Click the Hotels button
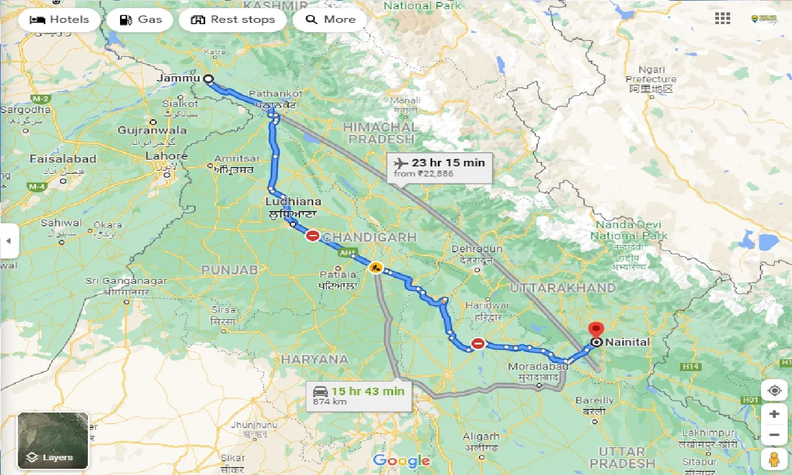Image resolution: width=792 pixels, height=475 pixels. coord(59,20)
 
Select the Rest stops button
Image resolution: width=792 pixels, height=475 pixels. coord(233,20)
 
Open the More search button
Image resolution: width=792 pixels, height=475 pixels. coord(330,20)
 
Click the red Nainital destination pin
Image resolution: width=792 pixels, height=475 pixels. coord(596,330)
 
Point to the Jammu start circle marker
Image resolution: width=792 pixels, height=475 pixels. coord(208,79)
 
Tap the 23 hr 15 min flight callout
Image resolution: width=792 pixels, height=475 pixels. coord(440,168)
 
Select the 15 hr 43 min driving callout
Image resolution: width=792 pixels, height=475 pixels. coord(359,395)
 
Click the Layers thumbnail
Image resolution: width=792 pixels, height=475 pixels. coord(53,441)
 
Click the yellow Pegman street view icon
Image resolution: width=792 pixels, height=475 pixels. coord(774,460)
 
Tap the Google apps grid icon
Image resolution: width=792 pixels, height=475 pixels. coord(722,19)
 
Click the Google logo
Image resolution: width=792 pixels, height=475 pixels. coord(401,460)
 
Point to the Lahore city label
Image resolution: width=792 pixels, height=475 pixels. coord(166,156)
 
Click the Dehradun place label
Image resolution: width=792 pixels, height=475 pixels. coord(477,249)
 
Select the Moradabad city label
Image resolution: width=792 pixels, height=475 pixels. coord(533,367)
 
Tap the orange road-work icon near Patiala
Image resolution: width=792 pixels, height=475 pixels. coord(375,268)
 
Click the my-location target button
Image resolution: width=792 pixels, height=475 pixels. coord(774,390)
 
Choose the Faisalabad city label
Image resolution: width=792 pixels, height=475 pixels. coord(63,159)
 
